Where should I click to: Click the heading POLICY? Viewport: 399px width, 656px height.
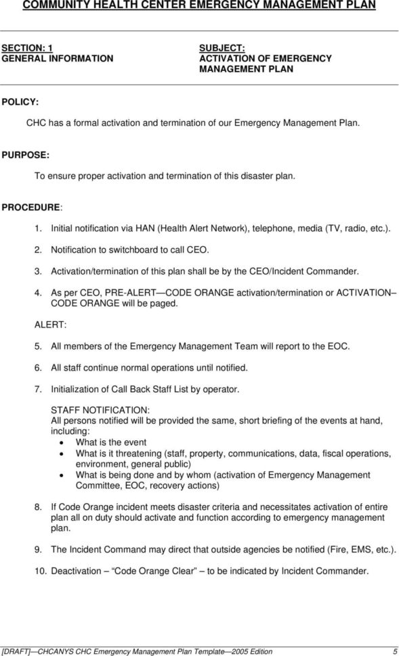pyautogui.click(x=20, y=101)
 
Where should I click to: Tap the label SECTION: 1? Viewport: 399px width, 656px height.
pyautogui.click(x=27, y=47)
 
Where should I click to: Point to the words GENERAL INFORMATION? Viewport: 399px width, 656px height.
pyautogui.click(x=57, y=58)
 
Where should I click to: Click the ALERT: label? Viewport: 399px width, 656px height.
pyautogui.click(x=46, y=324)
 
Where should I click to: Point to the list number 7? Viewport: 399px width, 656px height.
pyautogui.click(x=38, y=389)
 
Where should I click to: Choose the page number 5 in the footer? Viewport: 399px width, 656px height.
pyautogui.click(x=392, y=651)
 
